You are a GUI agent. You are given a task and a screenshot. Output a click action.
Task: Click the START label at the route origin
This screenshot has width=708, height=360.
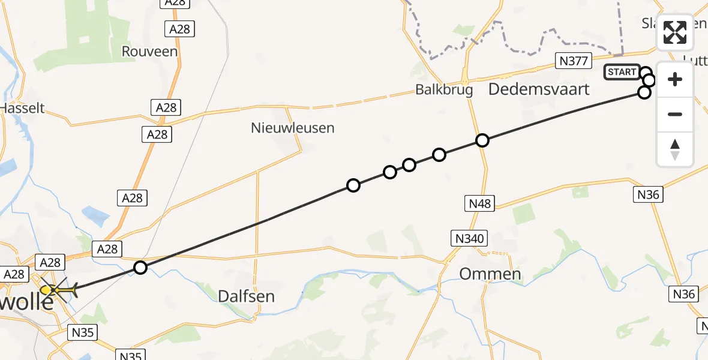click(622, 73)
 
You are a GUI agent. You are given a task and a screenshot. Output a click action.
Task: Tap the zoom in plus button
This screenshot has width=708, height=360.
click(675, 79)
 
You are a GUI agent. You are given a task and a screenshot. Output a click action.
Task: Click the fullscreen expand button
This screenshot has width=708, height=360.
click(675, 32)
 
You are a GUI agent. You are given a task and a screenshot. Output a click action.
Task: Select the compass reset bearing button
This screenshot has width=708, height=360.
click(675, 149)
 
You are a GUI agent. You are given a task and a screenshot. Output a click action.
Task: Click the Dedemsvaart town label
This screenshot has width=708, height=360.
click(539, 89)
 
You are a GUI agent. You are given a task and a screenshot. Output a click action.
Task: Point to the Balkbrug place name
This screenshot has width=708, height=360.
click(444, 90)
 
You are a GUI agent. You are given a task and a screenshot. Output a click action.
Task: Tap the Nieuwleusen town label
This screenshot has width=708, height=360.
click(292, 127)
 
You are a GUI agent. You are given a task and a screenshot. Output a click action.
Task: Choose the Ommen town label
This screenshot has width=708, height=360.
click(490, 274)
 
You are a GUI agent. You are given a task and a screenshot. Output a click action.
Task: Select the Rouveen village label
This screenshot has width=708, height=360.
click(150, 52)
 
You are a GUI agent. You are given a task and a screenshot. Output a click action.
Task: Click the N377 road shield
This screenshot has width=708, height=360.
click(574, 60)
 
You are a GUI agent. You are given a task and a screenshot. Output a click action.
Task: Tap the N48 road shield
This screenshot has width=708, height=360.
click(480, 203)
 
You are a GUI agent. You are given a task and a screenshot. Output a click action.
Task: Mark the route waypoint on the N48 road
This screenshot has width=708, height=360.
click(482, 140)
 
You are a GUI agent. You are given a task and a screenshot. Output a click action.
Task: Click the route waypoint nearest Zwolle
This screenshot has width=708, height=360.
click(140, 268)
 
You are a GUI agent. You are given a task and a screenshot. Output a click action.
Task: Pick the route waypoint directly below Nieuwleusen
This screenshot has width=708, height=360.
click(353, 185)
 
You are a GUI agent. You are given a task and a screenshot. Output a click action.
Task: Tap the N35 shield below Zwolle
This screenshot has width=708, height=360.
click(83, 332)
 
